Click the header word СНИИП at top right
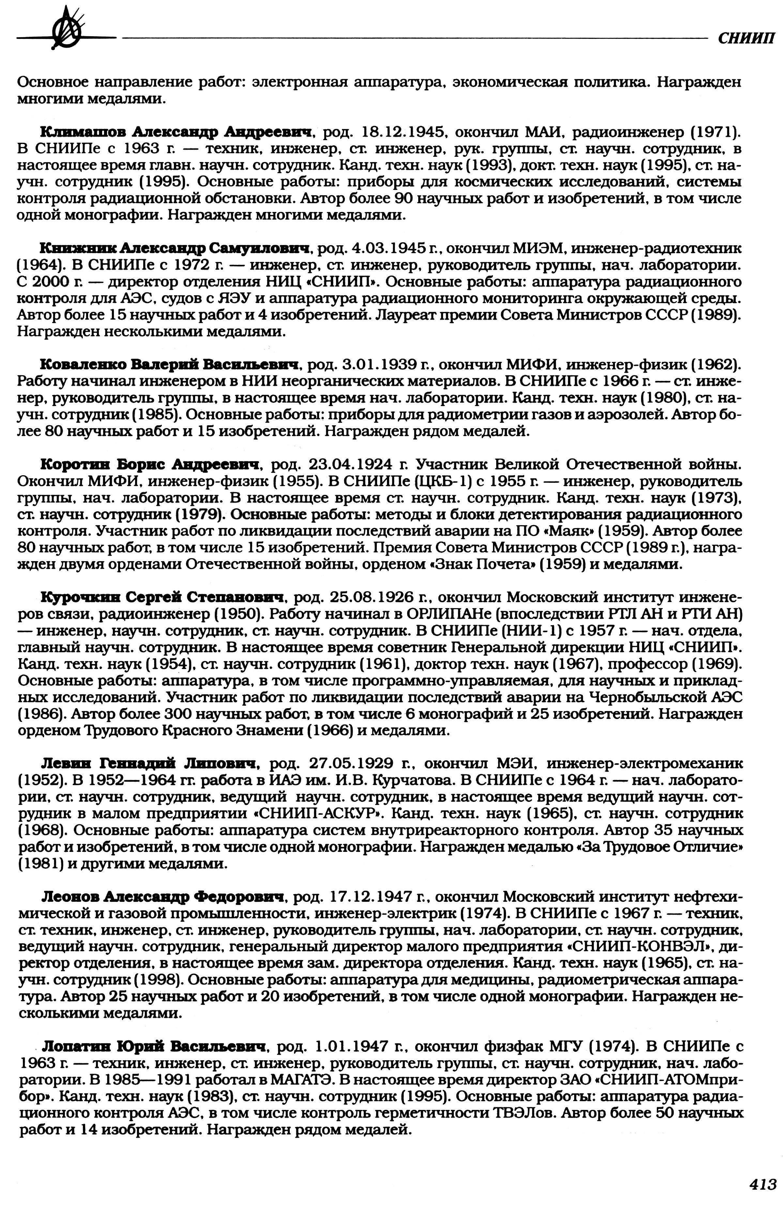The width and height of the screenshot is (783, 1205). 745,38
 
